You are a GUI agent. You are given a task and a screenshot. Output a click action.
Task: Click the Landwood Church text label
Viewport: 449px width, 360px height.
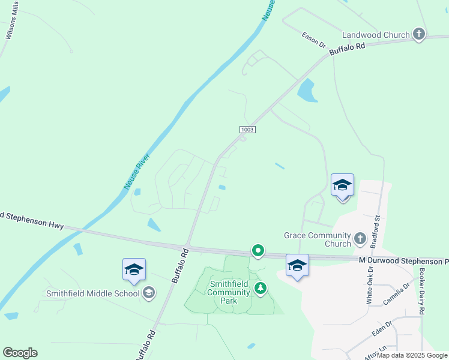[376, 35]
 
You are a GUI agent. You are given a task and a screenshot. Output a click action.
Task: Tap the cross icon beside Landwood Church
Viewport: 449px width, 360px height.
[419, 35]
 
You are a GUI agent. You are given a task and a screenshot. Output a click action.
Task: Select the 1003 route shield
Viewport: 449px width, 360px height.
[247, 130]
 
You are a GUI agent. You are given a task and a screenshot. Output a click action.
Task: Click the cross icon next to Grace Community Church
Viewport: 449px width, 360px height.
[360, 239]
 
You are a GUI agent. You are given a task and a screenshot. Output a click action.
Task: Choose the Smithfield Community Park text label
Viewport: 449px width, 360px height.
[229, 292]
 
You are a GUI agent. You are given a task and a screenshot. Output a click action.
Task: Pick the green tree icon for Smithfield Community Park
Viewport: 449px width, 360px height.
[261, 289]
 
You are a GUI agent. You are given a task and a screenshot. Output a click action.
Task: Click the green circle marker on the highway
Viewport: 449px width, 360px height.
[258, 250]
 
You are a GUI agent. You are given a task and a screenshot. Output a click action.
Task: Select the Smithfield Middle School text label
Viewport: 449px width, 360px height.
[92, 293]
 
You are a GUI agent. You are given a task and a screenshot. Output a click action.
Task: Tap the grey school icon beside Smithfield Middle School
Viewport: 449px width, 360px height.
[148, 293]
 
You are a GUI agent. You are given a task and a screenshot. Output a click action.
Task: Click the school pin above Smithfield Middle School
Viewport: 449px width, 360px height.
[134, 270]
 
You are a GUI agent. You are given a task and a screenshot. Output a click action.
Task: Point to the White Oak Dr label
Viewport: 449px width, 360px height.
[369, 284]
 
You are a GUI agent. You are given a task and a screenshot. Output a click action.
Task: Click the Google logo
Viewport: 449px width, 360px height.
[20, 353]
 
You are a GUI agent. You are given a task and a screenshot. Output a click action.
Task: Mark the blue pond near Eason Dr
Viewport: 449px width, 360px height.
[307, 91]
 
